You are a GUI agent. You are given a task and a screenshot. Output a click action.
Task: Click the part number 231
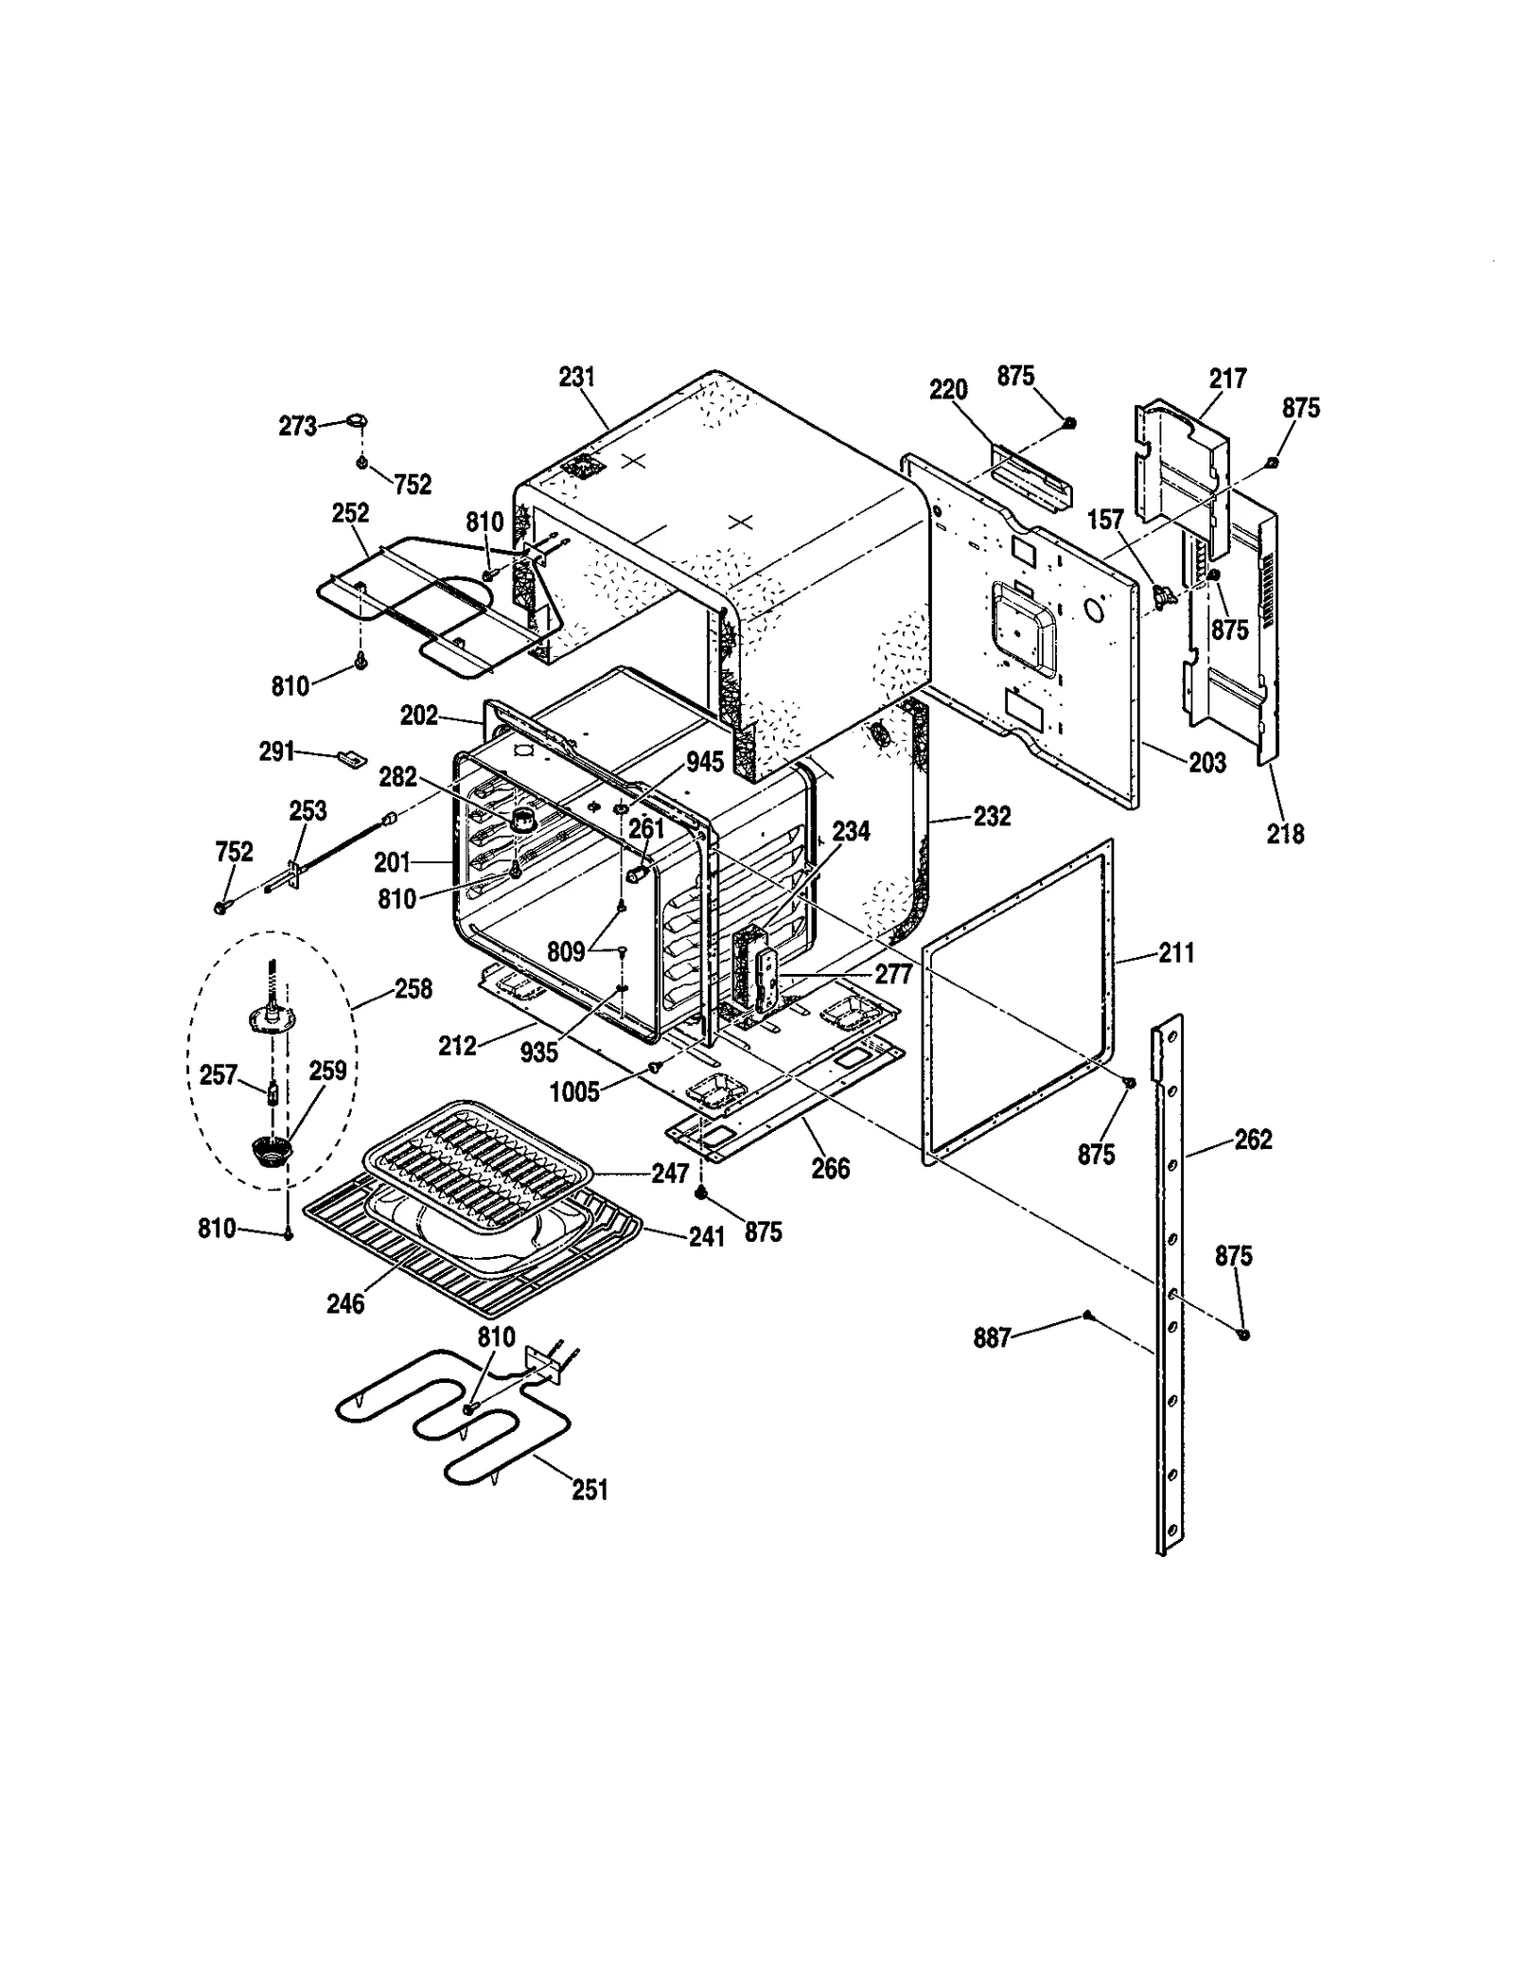(576, 377)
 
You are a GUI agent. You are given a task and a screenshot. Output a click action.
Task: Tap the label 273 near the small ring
(297, 427)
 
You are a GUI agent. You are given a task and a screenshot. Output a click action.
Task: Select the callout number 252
(350, 512)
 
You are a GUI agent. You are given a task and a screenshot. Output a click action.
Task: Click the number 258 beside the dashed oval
(414, 989)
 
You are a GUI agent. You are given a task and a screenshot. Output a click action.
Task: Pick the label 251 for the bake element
(590, 1490)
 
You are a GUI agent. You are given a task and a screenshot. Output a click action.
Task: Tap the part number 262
(1253, 1140)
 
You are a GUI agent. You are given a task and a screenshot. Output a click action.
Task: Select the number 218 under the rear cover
(1285, 833)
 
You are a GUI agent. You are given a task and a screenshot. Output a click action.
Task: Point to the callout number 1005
(574, 1092)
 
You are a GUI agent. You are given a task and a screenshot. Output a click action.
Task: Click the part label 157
(1105, 520)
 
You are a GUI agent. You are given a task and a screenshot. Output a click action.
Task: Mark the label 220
(948, 389)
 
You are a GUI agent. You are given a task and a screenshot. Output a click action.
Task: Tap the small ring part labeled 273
(358, 419)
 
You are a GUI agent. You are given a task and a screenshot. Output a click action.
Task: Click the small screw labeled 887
(1088, 1315)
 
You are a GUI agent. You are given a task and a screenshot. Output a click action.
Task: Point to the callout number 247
(670, 1174)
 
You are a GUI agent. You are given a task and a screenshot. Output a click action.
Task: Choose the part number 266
(830, 1169)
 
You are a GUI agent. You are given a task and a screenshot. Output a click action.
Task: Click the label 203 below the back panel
(1207, 762)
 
